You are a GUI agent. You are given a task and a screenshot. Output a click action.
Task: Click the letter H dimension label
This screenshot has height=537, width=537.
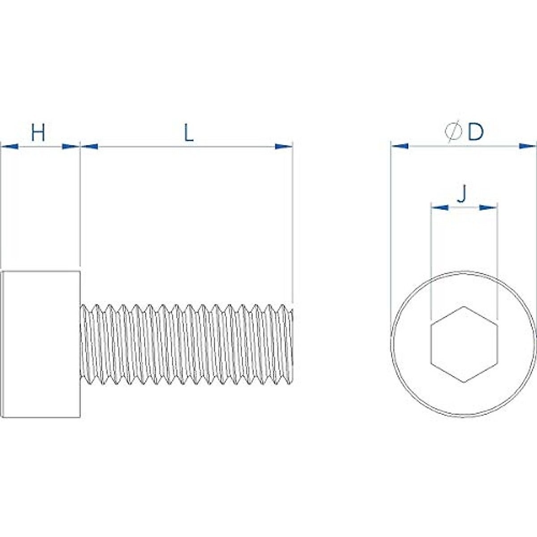(x=38, y=133)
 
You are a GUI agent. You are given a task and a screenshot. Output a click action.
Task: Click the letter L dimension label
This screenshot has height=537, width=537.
(x=189, y=133)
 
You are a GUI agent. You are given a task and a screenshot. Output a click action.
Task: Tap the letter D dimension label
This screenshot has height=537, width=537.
(x=476, y=132)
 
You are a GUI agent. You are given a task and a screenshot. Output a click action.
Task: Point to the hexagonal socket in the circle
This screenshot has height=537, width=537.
(x=464, y=344)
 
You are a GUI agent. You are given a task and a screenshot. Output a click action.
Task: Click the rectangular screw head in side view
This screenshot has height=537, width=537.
(x=42, y=344)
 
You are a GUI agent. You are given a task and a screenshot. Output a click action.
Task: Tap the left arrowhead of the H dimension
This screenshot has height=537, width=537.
(x=10, y=146)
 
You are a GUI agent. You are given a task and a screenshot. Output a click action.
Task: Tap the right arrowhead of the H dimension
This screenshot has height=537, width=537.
(x=71, y=146)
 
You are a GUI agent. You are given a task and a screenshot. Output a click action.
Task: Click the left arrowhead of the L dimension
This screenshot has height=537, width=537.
(x=89, y=146)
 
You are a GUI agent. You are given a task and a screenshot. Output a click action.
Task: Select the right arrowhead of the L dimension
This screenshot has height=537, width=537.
(x=283, y=146)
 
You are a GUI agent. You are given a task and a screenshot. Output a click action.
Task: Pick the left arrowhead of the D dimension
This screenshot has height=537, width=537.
(x=400, y=146)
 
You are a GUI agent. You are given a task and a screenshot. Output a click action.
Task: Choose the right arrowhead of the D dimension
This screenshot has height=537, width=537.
(x=527, y=146)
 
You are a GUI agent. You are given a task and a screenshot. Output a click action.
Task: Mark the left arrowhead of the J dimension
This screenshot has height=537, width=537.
(x=439, y=207)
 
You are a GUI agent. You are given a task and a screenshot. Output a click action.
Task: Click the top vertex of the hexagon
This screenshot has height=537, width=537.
(x=464, y=307)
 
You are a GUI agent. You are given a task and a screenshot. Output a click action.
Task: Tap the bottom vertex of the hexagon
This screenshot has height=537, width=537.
(x=464, y=382)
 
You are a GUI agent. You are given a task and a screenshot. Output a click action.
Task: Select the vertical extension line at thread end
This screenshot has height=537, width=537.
(x=292, y=224)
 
